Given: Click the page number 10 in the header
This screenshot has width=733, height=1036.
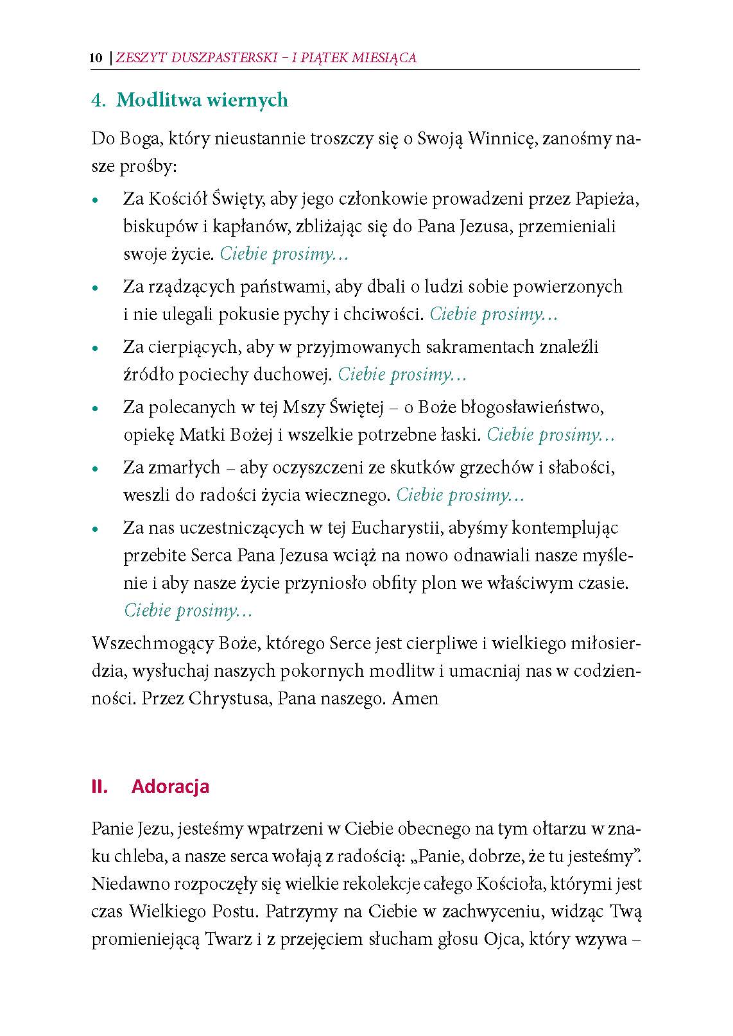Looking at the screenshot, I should [96, 58].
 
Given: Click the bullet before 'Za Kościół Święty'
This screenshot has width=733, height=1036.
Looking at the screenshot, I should [95, 200].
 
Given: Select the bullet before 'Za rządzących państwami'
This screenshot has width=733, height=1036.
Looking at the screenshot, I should [95, 289].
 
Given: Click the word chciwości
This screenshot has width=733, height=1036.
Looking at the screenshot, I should [391, 314].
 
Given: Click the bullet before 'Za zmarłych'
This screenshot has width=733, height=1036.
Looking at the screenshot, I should [95, 470].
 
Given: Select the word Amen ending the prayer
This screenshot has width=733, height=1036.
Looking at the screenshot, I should [415, 698].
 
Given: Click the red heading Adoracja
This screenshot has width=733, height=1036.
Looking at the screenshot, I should [170, 786].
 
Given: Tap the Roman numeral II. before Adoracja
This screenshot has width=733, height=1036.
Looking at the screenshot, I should [99, 786].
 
